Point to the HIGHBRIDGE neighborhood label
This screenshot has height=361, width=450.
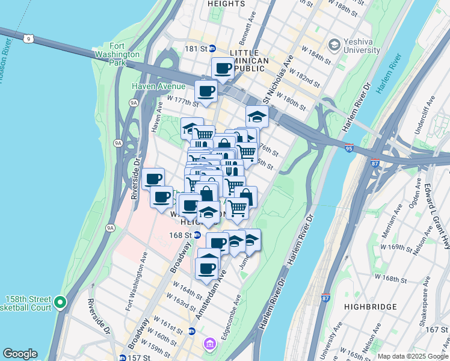pos(371,307)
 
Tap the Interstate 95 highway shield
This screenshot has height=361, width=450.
pos(349,146)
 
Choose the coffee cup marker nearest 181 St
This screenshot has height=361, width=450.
pos(223,69)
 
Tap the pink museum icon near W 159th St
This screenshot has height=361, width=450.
pos(209,344)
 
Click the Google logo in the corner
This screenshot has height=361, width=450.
pos(20,354)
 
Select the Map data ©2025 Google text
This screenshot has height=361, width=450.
pos(413,356)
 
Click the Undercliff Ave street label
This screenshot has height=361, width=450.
pos(428,117)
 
